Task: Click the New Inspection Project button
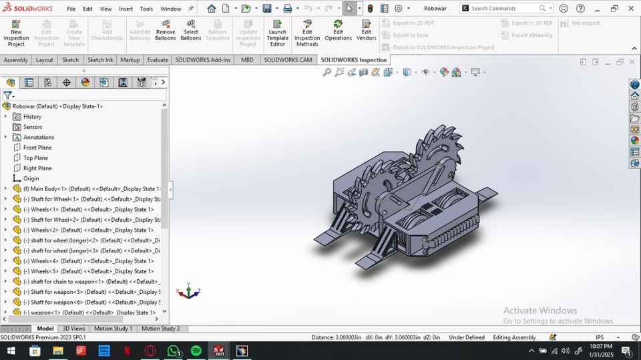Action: pos(16,33)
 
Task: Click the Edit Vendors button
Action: pos(366,30)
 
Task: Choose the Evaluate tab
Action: pos(158,60)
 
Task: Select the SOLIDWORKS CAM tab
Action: pos(288,60)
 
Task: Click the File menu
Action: pos(71,9)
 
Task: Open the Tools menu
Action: pos(146,9)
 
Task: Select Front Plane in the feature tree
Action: pos(37,148)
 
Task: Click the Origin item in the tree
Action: pos(31,178)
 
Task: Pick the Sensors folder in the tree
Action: pos(33,127)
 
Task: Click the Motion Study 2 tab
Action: pos(160,329)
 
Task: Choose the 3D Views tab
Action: pos(73,329)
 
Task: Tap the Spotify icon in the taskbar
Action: pos(196,351)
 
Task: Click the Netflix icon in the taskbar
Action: pos(127,351)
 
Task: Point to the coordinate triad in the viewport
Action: pos(189,292)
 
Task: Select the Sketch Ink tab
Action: pos(100,60)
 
